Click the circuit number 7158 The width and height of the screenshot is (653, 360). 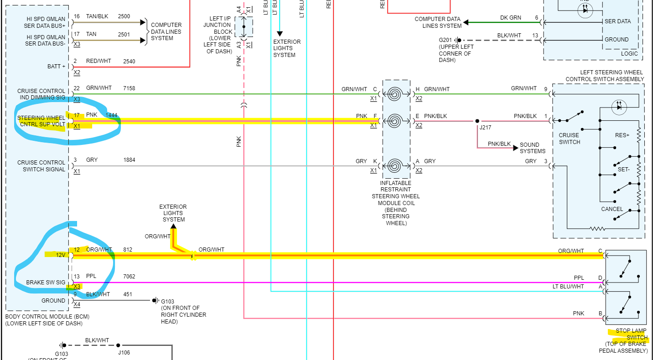129,88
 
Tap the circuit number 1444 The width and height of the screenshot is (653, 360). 112,115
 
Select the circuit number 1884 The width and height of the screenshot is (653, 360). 129,160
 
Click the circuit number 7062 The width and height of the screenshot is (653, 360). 129,277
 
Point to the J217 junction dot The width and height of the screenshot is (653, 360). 477,121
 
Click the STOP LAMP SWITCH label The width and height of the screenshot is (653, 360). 632,334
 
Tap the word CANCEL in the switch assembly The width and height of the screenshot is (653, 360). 612,209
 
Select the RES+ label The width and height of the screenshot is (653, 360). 622,135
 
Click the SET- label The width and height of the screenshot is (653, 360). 623,169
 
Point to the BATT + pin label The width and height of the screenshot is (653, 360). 57,67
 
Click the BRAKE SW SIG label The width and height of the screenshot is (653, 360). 46,283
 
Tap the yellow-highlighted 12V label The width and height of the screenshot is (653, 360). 61,255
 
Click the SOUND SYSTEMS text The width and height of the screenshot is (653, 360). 532,148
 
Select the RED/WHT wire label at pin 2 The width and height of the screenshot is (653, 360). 98,61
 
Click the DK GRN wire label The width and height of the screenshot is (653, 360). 510,18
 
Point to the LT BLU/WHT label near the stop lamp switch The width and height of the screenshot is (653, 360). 568,287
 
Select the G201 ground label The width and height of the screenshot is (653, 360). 446,40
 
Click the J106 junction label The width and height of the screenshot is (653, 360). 124,352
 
